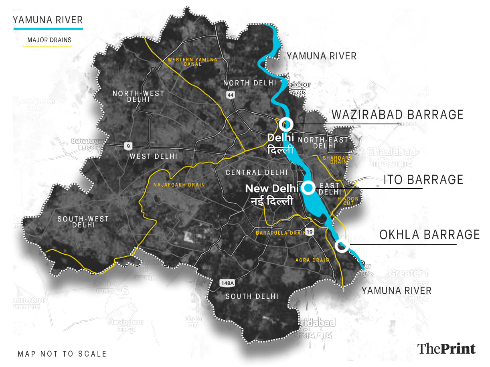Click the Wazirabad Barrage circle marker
pos(286,123)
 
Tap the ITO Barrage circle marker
pos(308,187)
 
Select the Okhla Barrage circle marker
pos(342,246)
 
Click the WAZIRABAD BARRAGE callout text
pos(397,115)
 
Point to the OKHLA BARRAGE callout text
pos(429,235)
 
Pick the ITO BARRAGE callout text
pos(423,180)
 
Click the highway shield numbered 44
pos(230,95)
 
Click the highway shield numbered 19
pos(309,232)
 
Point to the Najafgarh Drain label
pos(179,185)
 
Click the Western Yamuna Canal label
pos(192,62)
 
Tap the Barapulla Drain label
pos(281,233)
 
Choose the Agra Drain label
pos(312,260)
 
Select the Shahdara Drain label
pos(337,160)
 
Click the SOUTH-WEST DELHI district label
pos(83,222)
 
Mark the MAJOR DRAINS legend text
pos(49,40)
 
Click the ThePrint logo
pos(446,348)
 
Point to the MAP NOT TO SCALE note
pos(62,354)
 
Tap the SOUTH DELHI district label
pos(251,296)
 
